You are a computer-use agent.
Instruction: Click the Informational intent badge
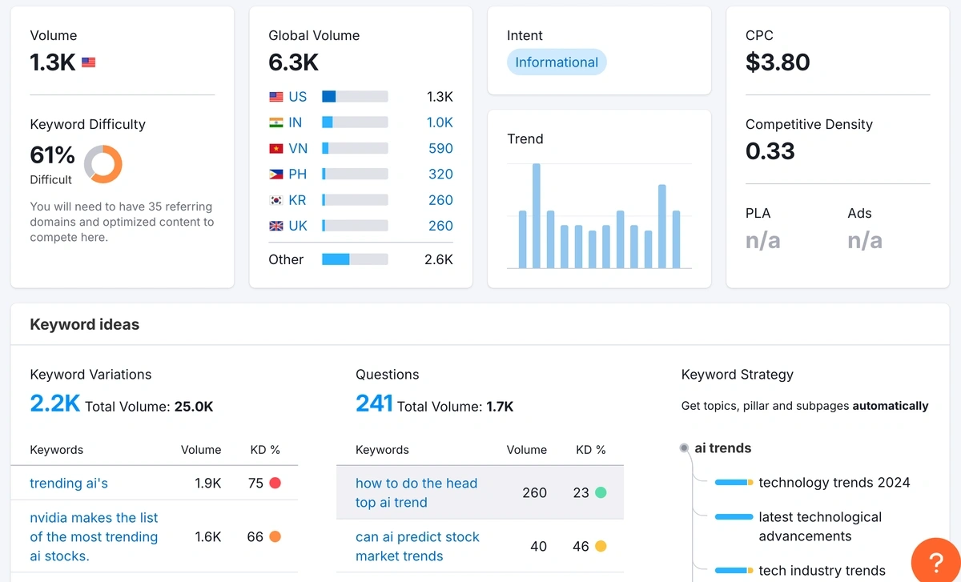(557, 62)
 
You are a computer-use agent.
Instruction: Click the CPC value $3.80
(777, 62)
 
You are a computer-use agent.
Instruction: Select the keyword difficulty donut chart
(103, 164)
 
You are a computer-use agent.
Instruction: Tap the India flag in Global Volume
(276, 122)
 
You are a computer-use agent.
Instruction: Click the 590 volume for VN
(440, 148)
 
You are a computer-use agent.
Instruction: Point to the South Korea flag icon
(276, 200)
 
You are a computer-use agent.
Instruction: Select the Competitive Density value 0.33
(770, 151)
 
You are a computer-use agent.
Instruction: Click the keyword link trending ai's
(69, 483)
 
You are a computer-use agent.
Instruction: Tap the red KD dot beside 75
(275, 483)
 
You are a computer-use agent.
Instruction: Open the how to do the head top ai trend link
(416, 492)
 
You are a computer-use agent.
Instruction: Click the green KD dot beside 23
(601, 492)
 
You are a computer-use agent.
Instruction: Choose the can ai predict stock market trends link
(417, 546)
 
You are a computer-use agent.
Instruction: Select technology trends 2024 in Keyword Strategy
(834, 482)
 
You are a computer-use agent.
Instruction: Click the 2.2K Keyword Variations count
(54, 403)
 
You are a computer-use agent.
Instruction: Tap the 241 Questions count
(374, 403)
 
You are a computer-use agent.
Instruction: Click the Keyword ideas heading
(84, 324)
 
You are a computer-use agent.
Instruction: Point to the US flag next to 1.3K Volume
(88, 62)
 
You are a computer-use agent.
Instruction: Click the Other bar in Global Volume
(354, 259)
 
